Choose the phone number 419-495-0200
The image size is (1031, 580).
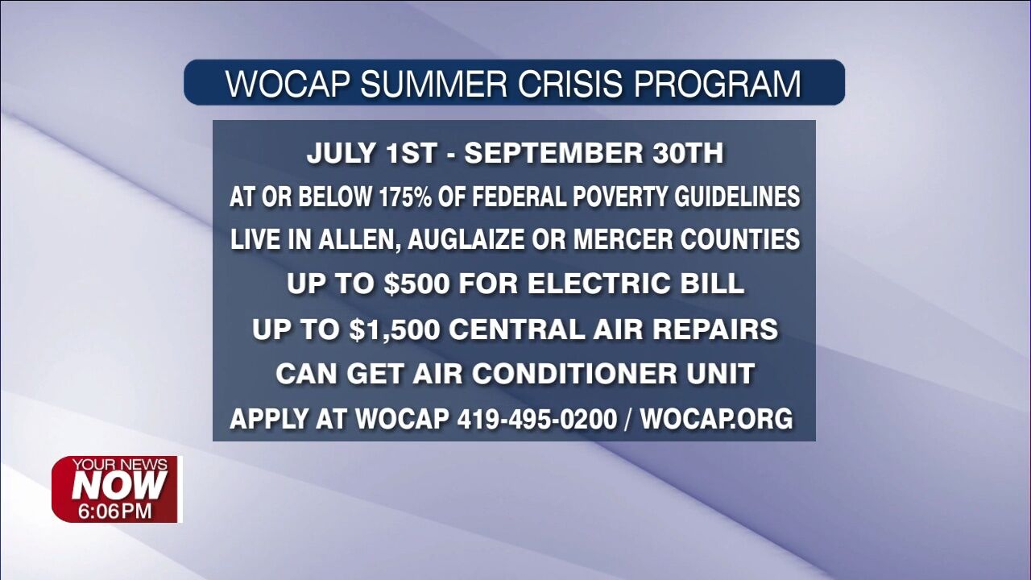536,419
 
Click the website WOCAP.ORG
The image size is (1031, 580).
716,419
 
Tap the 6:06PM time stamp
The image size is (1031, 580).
115,511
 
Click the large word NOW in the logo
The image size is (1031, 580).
119,486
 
